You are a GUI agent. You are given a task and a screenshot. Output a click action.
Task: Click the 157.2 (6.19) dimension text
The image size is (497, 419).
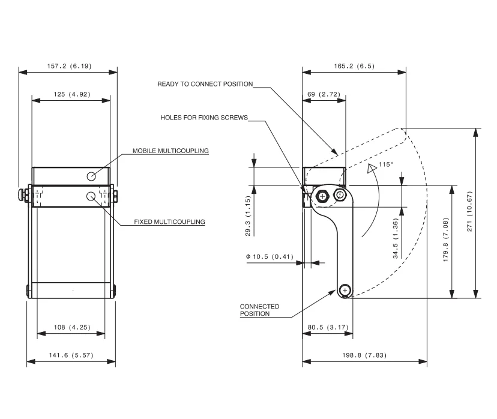[68, 66]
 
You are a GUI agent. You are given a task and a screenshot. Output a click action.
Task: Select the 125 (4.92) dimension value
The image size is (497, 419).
[70, 94]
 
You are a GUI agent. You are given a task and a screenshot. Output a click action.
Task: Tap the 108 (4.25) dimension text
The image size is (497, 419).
[71, 327]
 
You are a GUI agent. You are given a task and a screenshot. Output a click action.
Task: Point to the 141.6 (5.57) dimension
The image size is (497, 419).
[71, 356]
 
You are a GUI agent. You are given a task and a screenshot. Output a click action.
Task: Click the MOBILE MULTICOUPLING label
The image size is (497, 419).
[170, 151]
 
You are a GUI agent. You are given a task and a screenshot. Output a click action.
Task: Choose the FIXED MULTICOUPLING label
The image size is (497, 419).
[170, 222]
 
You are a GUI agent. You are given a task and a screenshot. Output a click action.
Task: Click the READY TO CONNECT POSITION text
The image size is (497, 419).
[205, 84]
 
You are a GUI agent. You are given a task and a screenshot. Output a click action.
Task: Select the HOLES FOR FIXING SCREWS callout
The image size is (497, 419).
[203, 118]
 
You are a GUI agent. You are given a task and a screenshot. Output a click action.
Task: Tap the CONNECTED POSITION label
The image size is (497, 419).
[259, 310]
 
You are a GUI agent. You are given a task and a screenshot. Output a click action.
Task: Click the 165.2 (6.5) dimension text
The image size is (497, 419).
[354, 66]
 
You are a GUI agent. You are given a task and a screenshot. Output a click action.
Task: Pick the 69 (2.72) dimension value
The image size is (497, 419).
[324, 94]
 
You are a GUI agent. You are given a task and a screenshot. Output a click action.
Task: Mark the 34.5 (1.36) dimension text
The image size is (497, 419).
[396, 239]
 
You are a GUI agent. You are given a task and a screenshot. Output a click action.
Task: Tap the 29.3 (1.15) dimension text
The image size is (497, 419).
[248, 217]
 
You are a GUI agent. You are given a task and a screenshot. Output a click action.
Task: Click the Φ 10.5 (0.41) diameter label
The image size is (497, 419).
[269, 257]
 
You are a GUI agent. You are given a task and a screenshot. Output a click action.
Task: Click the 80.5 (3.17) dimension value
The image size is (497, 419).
[327, 327]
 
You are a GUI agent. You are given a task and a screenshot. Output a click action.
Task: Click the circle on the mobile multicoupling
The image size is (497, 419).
[91, 176]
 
